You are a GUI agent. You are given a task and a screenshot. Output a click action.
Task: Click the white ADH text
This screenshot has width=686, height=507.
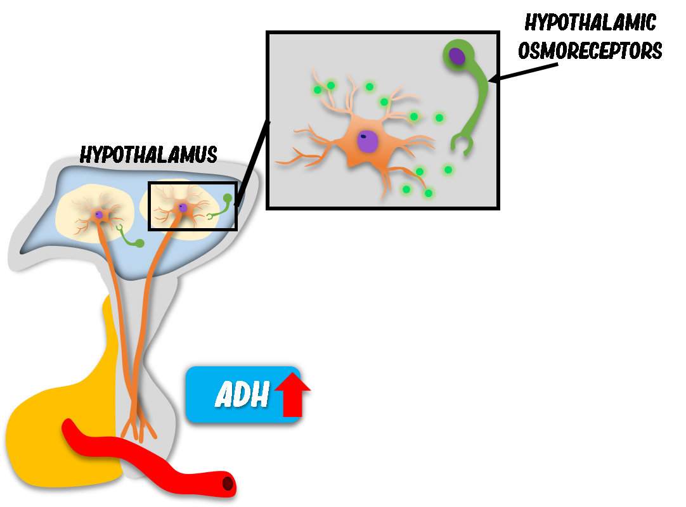(242, 395)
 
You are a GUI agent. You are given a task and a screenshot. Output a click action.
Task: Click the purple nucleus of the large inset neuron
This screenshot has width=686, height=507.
(368, 141)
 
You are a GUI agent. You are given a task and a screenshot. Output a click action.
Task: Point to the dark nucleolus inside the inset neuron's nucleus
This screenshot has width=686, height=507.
(363, 136)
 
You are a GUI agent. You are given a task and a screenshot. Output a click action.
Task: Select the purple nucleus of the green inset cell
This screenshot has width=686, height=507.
(457, 56)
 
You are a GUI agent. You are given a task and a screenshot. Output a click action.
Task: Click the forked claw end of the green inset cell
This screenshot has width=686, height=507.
(462, 145)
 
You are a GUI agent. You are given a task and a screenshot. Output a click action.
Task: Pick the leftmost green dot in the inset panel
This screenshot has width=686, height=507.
(318, 90)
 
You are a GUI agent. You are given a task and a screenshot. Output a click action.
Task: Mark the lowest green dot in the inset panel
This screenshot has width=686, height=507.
(429, 193)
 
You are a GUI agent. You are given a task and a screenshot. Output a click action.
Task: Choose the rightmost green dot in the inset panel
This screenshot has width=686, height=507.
(448, 170)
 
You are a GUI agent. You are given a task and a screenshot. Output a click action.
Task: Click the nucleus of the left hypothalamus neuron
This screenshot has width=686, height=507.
(99, 215)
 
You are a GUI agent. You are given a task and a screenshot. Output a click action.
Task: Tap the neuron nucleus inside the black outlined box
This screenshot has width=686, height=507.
(183, 208)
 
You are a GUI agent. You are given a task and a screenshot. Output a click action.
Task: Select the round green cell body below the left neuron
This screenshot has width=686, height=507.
(139, 243)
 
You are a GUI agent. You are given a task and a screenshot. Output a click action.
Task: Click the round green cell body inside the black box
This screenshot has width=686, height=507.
(228, 198)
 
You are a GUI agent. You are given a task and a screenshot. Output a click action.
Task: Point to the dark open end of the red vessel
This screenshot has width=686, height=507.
(228, 484)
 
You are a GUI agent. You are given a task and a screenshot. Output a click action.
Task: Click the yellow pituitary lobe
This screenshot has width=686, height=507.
(57, 437)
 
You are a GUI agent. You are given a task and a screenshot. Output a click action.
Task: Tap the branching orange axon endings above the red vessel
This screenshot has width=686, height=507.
(140, 425)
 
